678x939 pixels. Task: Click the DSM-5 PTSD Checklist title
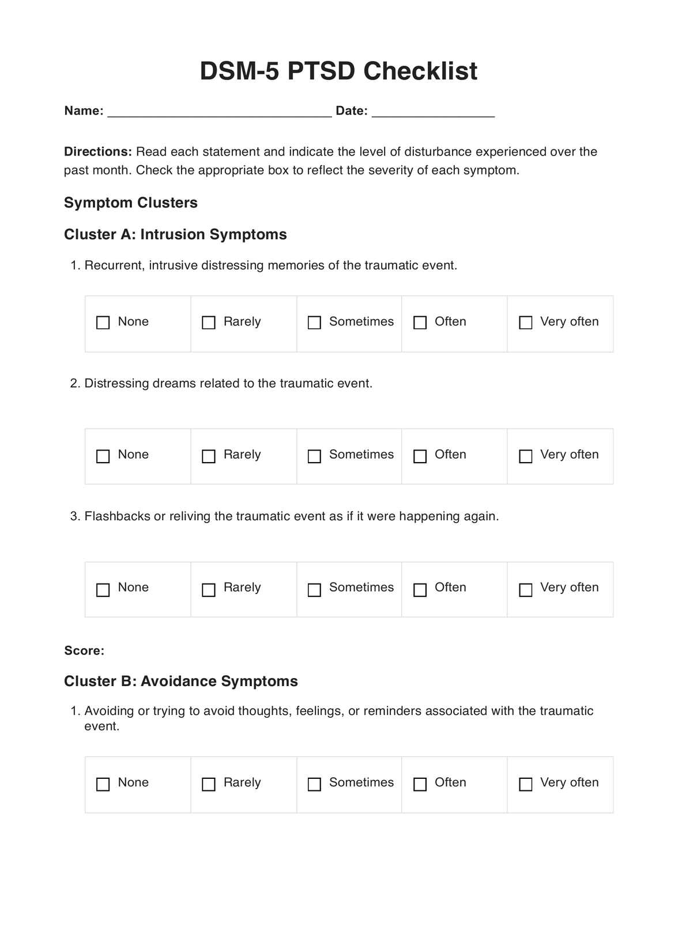point(338,71)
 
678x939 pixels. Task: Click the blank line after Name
point(220,112)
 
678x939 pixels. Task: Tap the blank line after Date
point(433,112)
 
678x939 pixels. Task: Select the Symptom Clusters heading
point(131,203)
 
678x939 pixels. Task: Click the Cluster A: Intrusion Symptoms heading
point(175,234)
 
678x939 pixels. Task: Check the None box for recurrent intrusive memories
point(103,323)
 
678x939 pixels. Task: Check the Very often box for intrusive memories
point(526,323)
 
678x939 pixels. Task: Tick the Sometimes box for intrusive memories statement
point(314,323)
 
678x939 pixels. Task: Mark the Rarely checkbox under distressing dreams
point(209,456)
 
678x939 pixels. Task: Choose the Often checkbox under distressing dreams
point(420,456)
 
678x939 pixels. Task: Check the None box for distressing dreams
point(103,456)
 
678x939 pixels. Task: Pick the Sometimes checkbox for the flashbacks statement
point(314,590)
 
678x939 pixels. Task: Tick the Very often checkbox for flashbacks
point(526,590)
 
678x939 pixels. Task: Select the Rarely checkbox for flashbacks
point(209,590)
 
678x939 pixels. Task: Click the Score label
point(84,651)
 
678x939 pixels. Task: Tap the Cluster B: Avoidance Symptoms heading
point(181,681)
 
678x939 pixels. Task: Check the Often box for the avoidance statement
point(420,784)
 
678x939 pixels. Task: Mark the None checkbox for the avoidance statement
point(103,784)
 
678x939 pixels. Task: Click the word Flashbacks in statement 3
point(117,516)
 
